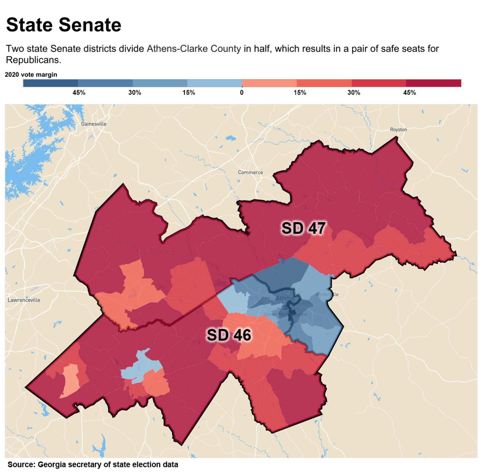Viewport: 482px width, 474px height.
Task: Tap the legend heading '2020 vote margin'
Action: [x=31, y=75]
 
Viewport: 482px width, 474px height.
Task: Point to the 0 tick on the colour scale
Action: [x=242, y=93]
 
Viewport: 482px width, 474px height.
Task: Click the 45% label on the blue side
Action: [x=79, y=93]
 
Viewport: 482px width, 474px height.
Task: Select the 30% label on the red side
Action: [x=354, y=93]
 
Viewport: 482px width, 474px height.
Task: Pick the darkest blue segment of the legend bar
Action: [x=51, y=83]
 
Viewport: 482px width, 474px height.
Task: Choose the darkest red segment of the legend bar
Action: [x=433, y=83]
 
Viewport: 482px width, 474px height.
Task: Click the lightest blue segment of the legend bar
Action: [x=214, y=83]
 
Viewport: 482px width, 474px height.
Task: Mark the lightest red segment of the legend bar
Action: [x=269, y=83]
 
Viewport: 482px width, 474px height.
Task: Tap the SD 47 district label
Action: [x=303, y=228]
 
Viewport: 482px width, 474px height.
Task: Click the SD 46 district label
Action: [x=229, y=335]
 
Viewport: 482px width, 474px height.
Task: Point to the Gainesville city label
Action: [x=94, y=124]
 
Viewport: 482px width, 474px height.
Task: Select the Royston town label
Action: [x=398, y=130]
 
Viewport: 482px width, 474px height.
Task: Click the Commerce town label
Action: [x=250, y=172]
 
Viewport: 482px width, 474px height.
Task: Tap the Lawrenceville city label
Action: [x=24, y=300]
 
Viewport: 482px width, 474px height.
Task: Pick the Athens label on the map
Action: [x=285, y=298]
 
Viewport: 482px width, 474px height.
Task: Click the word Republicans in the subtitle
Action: [x=33, y=60]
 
